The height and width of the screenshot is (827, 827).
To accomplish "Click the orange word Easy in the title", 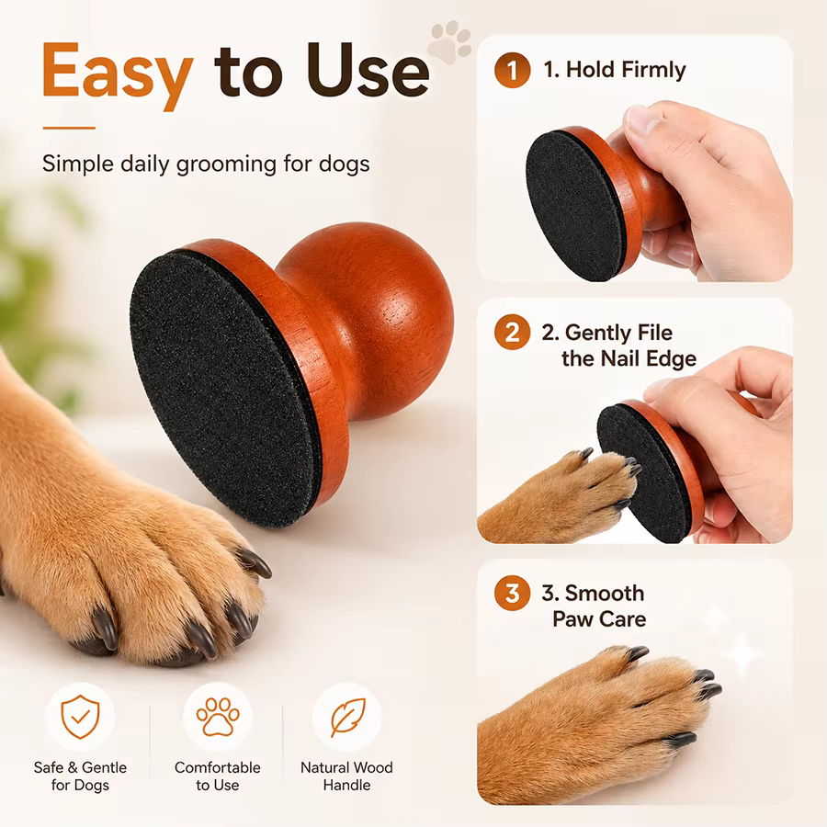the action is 118,75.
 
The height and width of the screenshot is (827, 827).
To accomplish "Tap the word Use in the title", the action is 368,70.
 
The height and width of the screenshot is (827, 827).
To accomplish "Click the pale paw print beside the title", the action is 449,42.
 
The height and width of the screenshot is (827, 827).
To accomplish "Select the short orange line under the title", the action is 69,128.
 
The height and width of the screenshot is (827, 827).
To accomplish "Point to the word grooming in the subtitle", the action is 226,164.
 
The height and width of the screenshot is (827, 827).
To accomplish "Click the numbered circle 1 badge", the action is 512,70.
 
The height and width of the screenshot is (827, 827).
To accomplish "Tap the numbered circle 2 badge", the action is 512,333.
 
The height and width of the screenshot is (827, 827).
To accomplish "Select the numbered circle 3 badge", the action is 512,594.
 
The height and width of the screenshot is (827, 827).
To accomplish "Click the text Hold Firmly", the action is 626,70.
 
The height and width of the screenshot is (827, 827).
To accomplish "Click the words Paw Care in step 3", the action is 599,619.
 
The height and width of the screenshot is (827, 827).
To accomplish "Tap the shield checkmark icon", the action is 80,717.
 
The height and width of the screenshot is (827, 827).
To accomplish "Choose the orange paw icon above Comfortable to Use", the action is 218,717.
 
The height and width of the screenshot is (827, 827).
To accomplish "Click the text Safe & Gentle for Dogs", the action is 80,776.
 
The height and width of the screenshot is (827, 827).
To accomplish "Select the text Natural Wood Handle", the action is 346,776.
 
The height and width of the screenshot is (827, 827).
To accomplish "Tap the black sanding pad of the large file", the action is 224,390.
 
